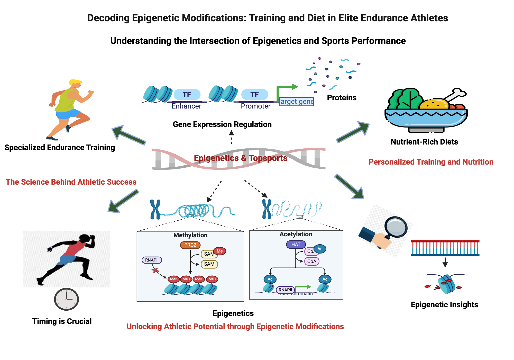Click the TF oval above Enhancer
click(187, 95)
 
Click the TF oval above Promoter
click(255, 95)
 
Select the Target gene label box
click(296, 102)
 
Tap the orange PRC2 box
click(190, 245)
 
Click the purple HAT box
click(296, 244)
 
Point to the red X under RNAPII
click(155, 271)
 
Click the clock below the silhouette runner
click(66, 299)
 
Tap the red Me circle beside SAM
click(219, 251)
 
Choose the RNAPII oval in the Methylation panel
click(152, 260)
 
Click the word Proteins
click(342, 98)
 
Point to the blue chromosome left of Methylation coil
click(155, 210)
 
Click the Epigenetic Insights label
click(444, 305)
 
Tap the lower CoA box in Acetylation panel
click(311, 261)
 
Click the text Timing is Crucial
click(62, 321)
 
